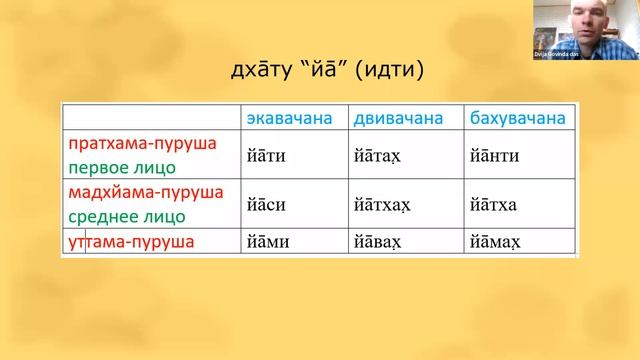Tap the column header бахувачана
point(517,119)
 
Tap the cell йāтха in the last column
point(491,203)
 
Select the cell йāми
point(268,241)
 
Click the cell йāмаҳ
point(492,241)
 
